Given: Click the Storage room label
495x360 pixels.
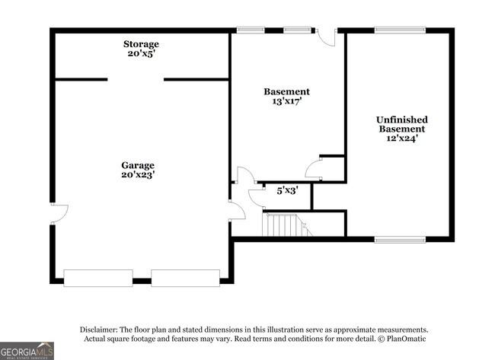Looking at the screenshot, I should [142, 44].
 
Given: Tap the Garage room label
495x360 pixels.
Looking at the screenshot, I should [138, 165].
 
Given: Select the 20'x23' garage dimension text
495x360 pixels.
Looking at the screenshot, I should [138, 175].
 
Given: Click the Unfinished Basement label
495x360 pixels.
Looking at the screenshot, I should [402, 124].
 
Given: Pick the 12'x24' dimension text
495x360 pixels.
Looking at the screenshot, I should [402, 139].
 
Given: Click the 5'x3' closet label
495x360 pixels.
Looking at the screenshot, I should [286, 190].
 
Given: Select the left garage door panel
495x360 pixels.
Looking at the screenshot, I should [98, 278].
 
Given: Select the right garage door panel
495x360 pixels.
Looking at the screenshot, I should [186, 278].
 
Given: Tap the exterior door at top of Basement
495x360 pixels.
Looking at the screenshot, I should [326, 37].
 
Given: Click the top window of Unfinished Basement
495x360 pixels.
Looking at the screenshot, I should [400, 30].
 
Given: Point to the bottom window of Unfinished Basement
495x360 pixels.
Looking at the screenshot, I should [400, 240].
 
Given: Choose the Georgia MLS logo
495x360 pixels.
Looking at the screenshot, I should [27, 350].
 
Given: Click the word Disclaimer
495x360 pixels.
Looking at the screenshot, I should [100, 329].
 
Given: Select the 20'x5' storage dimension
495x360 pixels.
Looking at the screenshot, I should [142, 54].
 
